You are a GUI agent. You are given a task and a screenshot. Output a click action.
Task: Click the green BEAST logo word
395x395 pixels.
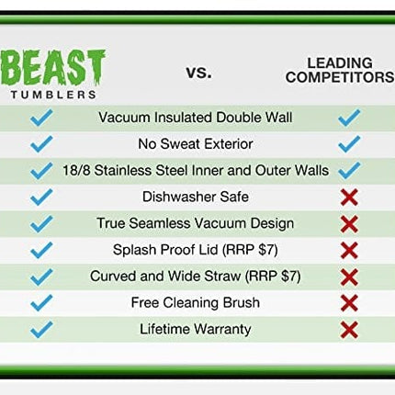pos(54,68)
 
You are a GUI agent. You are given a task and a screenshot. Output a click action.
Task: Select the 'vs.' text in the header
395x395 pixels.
pos(197,72)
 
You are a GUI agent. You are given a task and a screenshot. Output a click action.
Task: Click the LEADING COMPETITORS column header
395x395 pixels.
pos(339,70)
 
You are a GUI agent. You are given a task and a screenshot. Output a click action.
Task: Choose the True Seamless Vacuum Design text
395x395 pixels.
pos(195,223)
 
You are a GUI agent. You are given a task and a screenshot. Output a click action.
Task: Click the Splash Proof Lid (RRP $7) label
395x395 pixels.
pos(195,250)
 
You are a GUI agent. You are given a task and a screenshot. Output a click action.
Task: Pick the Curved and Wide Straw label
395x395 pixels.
pos(195,276)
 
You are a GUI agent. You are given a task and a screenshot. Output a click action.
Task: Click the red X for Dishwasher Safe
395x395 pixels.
pos(348,197)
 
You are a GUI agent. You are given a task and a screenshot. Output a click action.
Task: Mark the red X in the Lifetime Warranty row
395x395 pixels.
pos(348,330)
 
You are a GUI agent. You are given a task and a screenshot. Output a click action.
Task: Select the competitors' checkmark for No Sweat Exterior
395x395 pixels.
pos(348,144)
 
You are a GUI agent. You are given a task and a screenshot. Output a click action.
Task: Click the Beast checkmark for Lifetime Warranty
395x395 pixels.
pos(42,329)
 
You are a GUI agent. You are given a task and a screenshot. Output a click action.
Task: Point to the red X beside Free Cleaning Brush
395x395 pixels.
pos(348,303)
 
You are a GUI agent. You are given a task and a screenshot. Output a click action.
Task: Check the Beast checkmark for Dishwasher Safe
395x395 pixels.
pos(42,197)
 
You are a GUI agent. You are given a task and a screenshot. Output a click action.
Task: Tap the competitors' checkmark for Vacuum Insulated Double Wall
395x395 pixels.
pos(348,118)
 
